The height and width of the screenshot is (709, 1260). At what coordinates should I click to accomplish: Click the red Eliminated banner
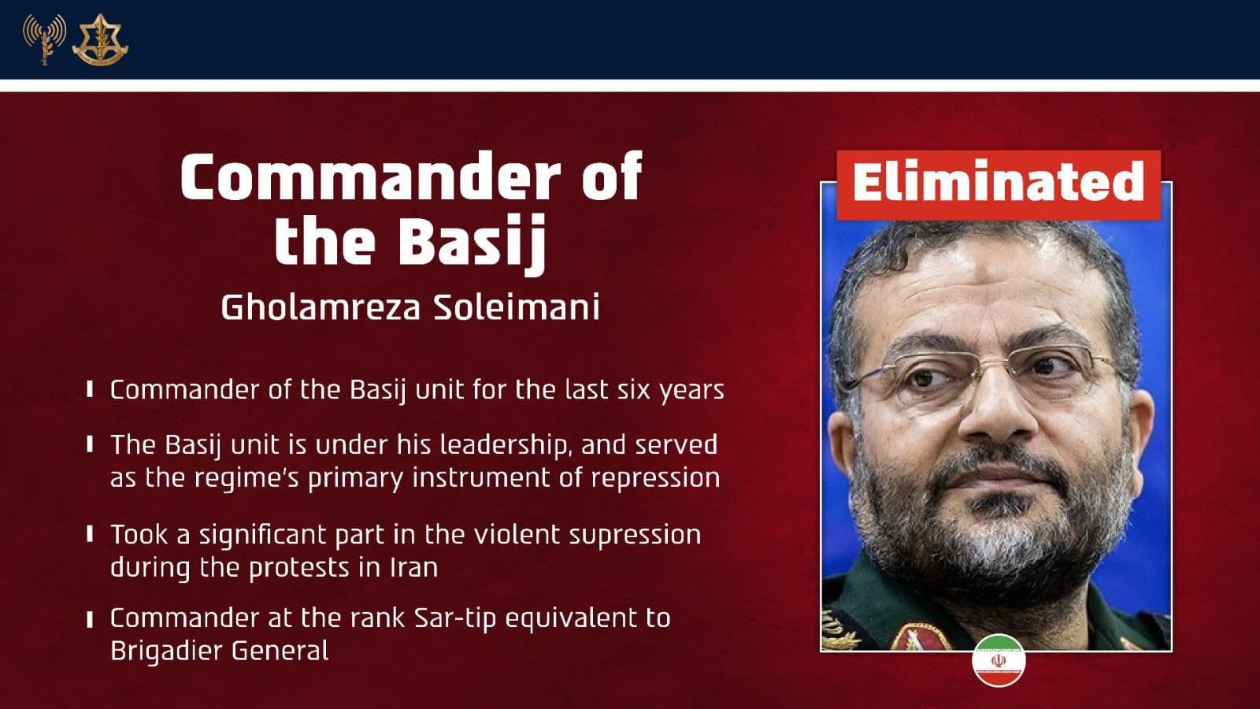point(998,184)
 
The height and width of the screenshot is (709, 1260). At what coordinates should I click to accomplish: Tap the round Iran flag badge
point(999,659)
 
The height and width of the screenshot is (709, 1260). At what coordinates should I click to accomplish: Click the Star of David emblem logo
point(99,39)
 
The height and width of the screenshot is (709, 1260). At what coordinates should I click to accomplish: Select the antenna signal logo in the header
point(43,38)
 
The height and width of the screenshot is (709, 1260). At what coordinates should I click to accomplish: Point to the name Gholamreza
point(320,307)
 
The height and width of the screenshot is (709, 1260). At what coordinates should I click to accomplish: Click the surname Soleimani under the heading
point(517,307)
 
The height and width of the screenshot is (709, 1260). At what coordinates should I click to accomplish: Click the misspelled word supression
point(635,534)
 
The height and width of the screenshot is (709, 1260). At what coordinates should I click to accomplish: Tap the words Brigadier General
point(219,651)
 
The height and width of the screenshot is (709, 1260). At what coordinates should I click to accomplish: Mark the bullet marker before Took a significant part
point(91,534)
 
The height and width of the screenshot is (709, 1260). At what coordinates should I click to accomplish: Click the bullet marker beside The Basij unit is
point(91,444)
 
